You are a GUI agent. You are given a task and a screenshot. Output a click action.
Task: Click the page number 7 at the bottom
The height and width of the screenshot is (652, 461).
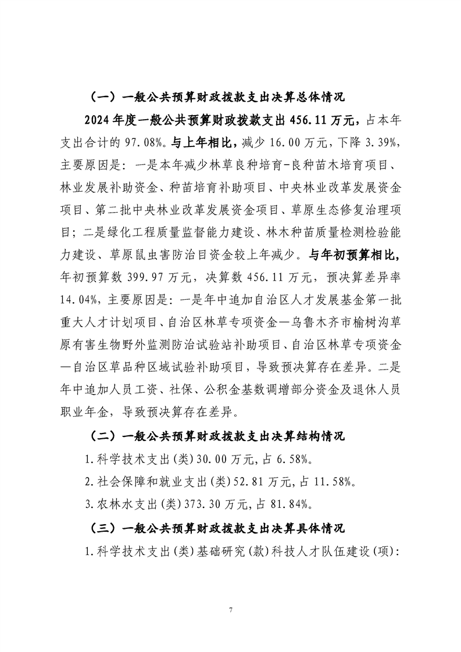[231, 610]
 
